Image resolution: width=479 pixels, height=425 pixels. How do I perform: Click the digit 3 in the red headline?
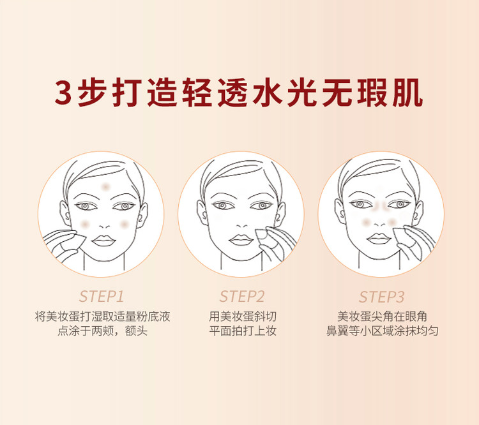point(63,92)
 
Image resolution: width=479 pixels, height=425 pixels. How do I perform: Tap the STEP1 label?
point(102,297)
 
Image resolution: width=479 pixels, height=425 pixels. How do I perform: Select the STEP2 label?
point(242,297)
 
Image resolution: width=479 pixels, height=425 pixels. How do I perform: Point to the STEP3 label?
point(381,297)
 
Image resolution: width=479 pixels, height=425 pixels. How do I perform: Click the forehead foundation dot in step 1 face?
point(105,186)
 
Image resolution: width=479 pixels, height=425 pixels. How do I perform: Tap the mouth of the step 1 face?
point(103,241)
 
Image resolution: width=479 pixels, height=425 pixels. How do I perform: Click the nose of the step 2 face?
point(242,225)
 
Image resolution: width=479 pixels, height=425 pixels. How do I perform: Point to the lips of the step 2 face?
point(241,240)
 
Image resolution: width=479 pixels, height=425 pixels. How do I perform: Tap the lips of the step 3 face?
point(378,239)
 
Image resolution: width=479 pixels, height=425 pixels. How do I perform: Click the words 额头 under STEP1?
point(136,331)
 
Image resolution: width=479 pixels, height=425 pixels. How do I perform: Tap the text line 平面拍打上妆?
point(243,331)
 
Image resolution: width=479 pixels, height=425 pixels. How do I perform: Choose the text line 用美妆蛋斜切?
point(243,317)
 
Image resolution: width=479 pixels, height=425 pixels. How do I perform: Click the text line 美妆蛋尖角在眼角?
point(382,317)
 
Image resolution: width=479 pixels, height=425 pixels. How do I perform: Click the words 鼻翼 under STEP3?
point(337,331)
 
